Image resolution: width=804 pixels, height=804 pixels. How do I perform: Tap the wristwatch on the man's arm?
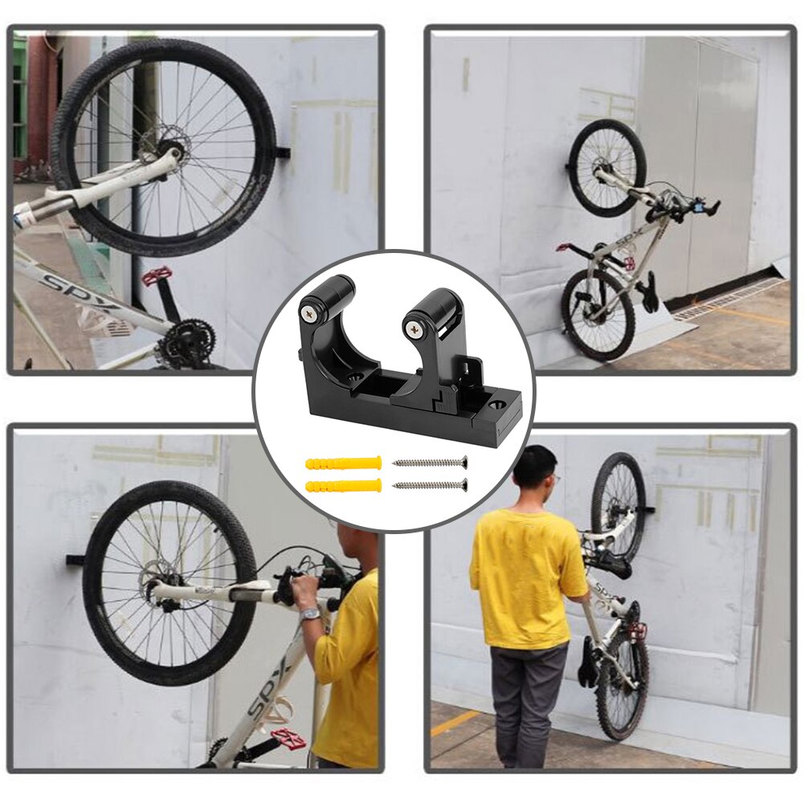(x=310, y=614)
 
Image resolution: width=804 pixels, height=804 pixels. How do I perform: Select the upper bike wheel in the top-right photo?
(x=607, y=168)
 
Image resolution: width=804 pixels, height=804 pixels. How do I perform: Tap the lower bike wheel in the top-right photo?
(x=598, y=314)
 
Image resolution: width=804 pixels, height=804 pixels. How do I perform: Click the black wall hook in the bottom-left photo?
(x=75, y=559)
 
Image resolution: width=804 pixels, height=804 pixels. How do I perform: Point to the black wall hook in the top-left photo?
(x=283, y=151)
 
